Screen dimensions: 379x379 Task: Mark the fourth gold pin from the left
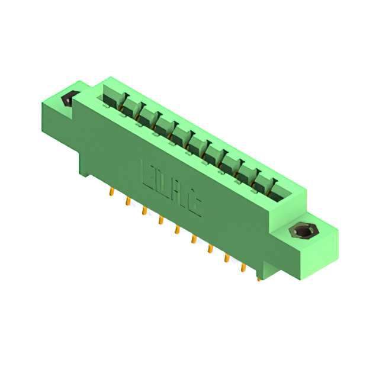coord(160,220)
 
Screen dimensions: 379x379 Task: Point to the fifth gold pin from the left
coord(176,230)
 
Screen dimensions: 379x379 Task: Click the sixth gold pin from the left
coord(193,239)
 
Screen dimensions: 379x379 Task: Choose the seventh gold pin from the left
coord(210,249)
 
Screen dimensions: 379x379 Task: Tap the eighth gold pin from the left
coord(226,258)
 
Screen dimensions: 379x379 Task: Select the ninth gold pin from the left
coord(243,268)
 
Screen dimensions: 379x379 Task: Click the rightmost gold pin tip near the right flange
coord(259,277)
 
